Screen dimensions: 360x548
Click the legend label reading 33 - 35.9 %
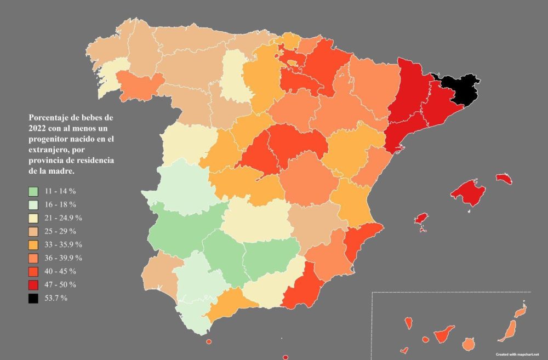tap(64, 245)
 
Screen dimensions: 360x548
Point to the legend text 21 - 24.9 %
tap(64, 218)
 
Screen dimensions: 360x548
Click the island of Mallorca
tap(469, 191)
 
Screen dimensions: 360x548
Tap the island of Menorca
tap(504, 179)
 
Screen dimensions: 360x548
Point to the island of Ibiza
tap(421, 219)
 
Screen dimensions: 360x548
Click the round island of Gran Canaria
tap(468, 344)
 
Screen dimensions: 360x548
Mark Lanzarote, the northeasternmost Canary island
tap(520, 311)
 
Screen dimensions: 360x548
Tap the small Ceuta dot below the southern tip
tap(209, 342)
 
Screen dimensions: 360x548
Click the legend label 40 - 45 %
tap(61, 272)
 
